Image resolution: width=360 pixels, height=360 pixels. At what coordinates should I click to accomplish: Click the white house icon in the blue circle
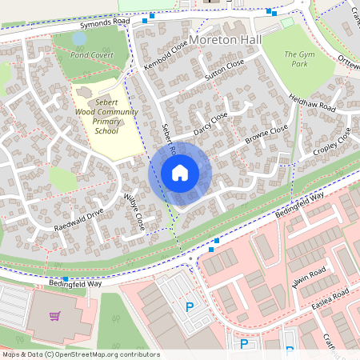[180, 173]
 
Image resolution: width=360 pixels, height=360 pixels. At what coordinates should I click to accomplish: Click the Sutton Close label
[223, 73]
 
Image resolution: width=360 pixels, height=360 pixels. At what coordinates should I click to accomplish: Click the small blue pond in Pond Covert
[79, 38]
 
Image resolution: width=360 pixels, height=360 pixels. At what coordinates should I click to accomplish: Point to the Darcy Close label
[210, 122]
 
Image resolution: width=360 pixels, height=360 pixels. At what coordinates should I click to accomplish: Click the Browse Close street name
[266, 134]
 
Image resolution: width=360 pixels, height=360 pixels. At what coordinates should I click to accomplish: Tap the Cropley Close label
[333, 141]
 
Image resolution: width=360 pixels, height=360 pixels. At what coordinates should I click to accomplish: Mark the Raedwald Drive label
[79, 221]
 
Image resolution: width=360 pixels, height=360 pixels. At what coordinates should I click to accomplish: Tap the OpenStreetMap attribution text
[81, 354]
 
